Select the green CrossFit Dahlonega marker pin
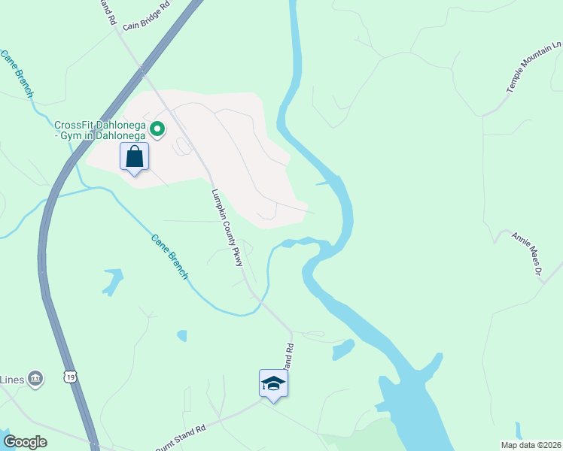pos(157,130)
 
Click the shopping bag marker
pos(134,157)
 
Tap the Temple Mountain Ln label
pos(534,68)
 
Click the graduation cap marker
pos(273,383)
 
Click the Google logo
pos(25,442)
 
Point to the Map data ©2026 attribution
pos(531,445)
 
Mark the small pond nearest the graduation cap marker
pos(343,350)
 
